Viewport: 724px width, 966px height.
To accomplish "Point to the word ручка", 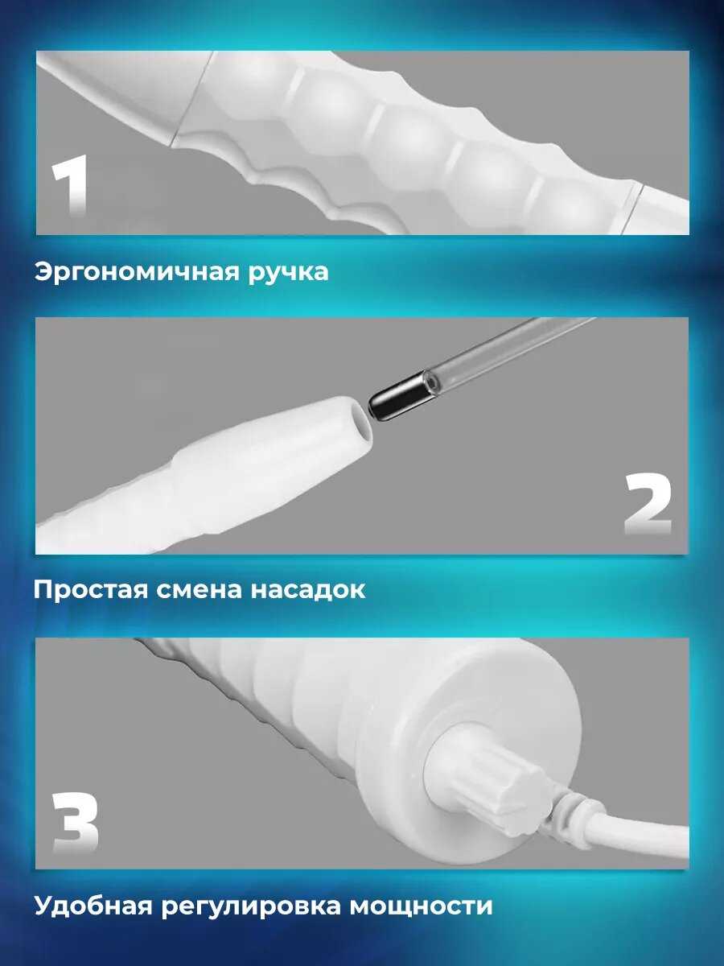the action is pyautogui.click(x=288, y=273).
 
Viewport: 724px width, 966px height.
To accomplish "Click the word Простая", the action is pyautogui.click(x=90, y=590).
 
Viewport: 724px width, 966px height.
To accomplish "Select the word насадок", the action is pyautogui.click(x=308, y=590).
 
